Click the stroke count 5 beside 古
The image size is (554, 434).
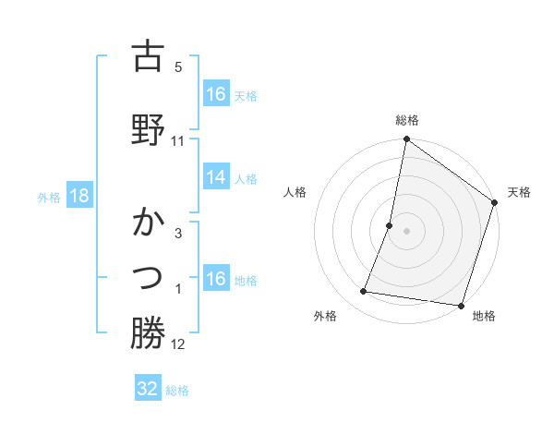click(x=178, y=67)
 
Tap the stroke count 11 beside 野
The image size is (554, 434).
click(x=178, y=140)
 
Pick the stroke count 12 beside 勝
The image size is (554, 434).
click(x=178, y=345)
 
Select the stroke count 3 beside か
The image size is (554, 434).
click(x=178, y=234)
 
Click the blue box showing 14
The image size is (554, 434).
click(x=216, y=177)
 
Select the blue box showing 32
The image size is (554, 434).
click(x=148, y=389)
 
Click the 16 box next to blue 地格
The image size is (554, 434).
click(x=216, y=279)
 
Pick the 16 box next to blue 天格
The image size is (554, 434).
click(x=216, y=94)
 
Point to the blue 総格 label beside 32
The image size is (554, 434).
click(x=177, y=391)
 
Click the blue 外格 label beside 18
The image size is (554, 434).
click(x=48, y=198)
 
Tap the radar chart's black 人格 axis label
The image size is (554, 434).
click(x=295, y=192)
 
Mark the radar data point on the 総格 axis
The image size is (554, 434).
click(x=405, y=139)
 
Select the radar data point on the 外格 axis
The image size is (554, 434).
click(x=364, y=292)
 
